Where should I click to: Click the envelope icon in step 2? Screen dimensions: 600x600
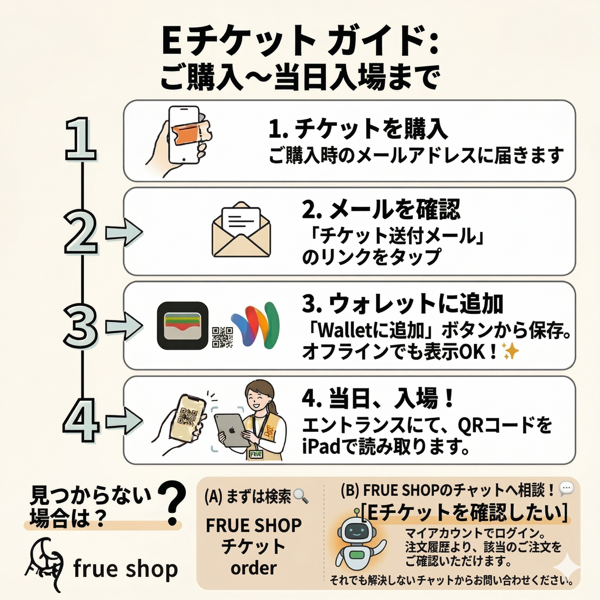pos(241,230)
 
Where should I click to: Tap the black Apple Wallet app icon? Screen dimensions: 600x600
pos(182,326)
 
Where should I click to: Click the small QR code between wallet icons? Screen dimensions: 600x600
pos(222,337)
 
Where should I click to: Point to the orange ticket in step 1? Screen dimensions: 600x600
pos(191,133)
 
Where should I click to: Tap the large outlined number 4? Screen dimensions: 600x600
pos(81,420)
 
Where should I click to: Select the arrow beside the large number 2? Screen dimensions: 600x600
pos(124,233)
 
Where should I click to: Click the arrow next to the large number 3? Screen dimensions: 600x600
pos(124,326)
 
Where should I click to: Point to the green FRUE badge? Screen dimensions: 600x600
pos(256,454)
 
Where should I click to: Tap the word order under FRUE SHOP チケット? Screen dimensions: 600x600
pos(253,568)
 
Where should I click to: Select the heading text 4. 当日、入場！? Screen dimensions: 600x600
pos(378,399)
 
